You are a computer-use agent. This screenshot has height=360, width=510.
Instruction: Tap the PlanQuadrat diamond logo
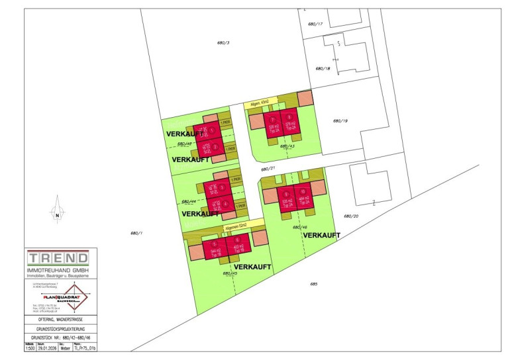[74, 298]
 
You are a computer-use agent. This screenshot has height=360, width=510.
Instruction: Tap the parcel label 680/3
[223, 43]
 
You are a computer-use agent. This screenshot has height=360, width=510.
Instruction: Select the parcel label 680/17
[315, 24]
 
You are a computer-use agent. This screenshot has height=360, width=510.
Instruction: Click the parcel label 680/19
[340, 120]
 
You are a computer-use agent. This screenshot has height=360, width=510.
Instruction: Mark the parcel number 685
[313, 284]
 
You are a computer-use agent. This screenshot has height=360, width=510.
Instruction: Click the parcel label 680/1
[136, 232]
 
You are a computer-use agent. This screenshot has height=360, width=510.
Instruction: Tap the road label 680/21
[268, 169]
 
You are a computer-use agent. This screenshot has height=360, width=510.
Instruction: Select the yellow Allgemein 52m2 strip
[237, 226]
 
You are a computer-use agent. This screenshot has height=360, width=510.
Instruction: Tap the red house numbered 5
[215, 247]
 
